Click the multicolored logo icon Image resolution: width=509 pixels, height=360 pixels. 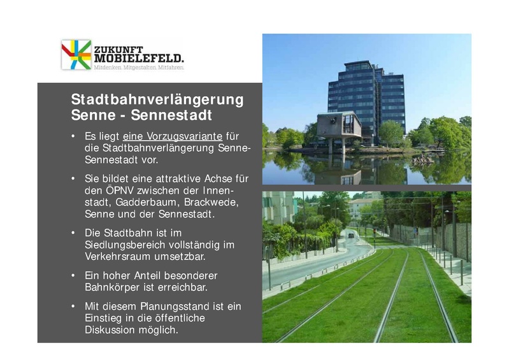[76, 54]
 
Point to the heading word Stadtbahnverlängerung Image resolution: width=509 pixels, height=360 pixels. [157, 100]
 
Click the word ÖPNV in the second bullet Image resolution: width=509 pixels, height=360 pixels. [127, 191]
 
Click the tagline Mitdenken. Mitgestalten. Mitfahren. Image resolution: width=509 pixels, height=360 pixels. [139, 67]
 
